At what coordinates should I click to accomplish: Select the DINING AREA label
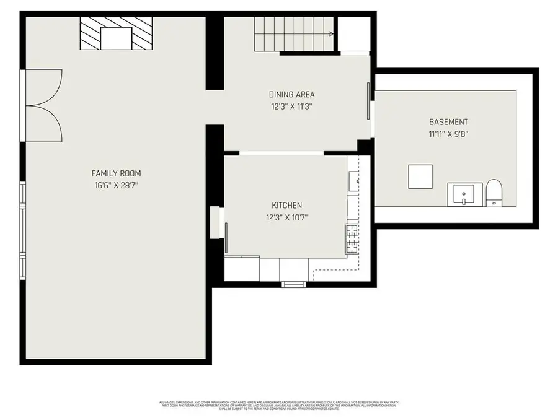click(x=291, y=95)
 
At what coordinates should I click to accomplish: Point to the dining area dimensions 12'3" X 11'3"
click(x=291, y=106)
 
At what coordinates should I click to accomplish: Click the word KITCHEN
click(x=286, y=206)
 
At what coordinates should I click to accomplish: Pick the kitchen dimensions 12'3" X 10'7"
click(x=286, y=217)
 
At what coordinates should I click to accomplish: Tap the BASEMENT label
click(x=448, y=122)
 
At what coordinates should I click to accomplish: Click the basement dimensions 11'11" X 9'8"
click(x=448, y=133)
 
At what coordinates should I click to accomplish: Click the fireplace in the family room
click(x=117, y=33)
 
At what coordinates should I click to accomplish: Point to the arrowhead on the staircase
click(x=333, y=34)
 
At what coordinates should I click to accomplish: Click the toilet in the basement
click(x=494, y=192)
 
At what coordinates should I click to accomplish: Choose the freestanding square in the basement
click(x=420, y=177)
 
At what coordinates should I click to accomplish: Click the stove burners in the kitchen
click(x=352, y=239)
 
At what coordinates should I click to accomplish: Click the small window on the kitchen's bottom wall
click(x=294, y=284)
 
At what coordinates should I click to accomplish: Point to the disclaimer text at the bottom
click(x=279, y=406)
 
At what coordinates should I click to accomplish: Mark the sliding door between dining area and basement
click(x=369, y=101)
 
